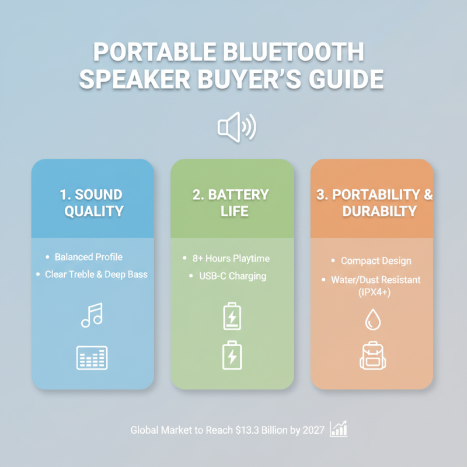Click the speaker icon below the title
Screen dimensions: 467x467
tap(236, 127)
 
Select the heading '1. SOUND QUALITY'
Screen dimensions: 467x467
tap(93, 202)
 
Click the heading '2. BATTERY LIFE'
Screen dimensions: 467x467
tap(231, 202)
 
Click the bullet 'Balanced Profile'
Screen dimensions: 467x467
tap(89, 257)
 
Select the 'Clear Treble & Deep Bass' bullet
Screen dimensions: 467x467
tap(96, 274)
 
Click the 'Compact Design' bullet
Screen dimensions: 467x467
tap(376, 261)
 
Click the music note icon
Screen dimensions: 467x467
tap(92, 315)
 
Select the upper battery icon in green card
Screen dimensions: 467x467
tap(232, 316)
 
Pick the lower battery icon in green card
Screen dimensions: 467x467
tap(232, 356)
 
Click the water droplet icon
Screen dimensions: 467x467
tap(372, 319)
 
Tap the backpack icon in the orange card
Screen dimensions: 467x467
tap(372, 357)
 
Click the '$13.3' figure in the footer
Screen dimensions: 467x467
tap(248, 430)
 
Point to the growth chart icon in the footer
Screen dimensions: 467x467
tap(339, 429)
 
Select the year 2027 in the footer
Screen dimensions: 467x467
tap(312, 430)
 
